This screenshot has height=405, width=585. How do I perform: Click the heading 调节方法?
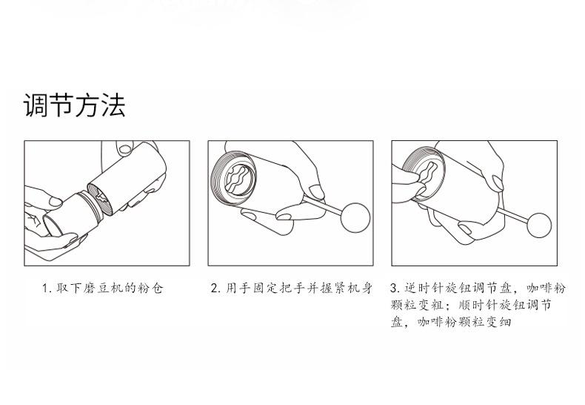point(74,105)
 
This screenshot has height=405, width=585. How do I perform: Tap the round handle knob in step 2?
point(355,217)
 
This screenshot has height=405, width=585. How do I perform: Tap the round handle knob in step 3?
point(539,225)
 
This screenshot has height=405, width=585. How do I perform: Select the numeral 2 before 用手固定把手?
point(214,289)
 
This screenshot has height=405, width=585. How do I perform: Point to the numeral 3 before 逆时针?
point(394,288)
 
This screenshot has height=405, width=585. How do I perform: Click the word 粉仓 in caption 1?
point(151,289)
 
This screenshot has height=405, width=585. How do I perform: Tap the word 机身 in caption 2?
point(361,289)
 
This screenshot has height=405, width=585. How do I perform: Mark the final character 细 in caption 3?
point(505,322)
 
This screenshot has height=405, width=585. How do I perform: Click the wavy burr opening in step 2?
point(238,180)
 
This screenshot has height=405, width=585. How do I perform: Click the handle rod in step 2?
point(323,205)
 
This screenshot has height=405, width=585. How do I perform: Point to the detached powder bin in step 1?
point(72,214)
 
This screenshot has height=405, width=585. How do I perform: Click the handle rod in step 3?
point(513,216)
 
